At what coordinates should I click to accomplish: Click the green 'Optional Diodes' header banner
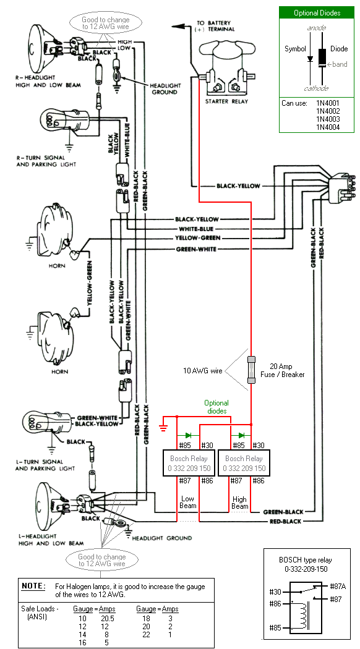point(317,13)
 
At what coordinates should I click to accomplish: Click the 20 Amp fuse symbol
point(251,371)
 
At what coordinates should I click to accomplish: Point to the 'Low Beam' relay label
point(188,502)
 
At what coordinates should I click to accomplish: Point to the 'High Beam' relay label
point(240,503)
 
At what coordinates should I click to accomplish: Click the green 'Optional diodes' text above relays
point(216,407)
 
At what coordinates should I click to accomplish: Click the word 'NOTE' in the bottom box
point(33,585)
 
